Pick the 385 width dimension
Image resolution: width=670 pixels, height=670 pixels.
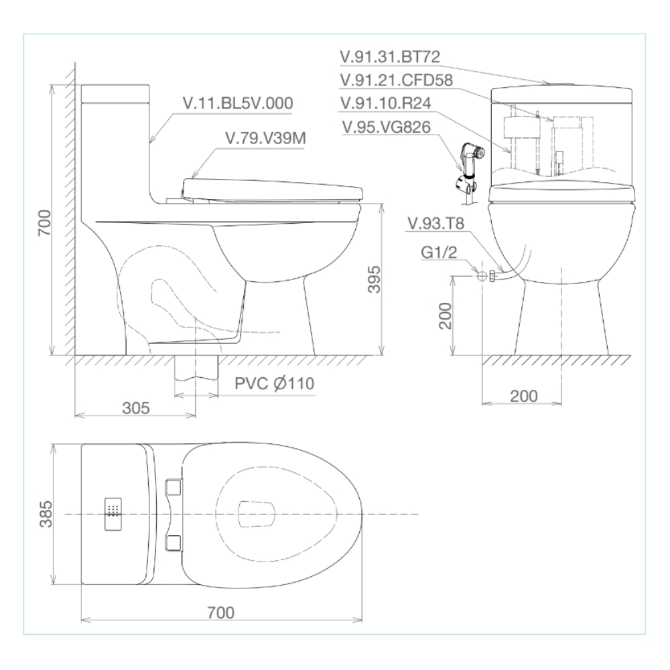click(43, 514)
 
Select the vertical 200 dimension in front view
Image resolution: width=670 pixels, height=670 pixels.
click(445, 315)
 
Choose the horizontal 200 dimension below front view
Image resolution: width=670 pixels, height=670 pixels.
click(523, 396)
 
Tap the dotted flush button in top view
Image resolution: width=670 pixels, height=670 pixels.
click(113, 515)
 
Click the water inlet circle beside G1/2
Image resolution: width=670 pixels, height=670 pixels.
click(480, 275)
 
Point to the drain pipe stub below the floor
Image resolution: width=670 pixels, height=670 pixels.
click(196, 375)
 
